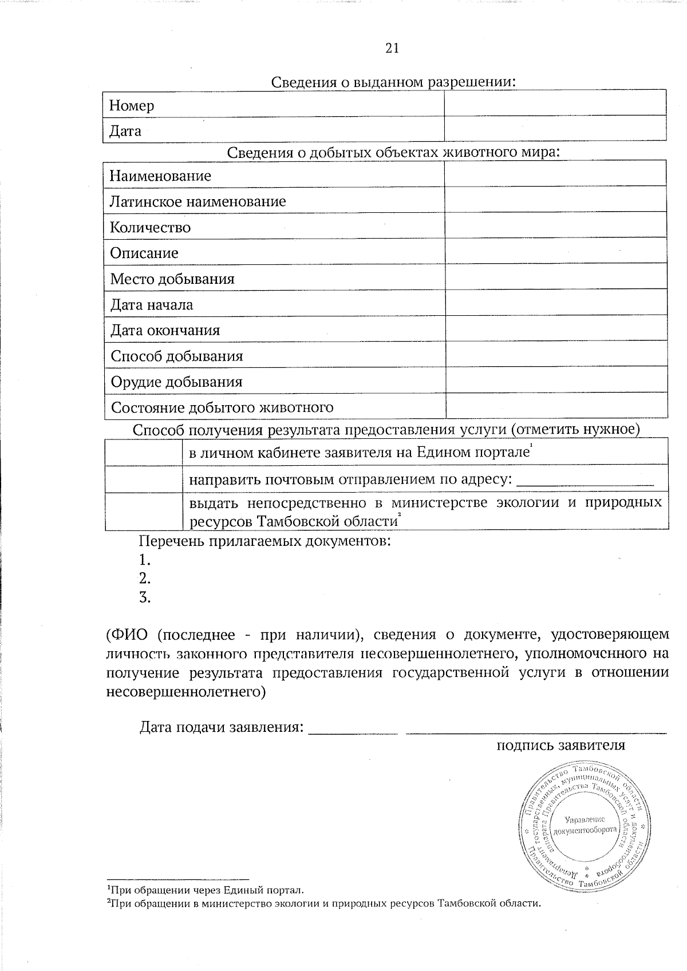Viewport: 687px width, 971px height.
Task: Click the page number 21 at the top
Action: (x=392, y=48)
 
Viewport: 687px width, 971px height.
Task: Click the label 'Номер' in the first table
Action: (x=132, y=106)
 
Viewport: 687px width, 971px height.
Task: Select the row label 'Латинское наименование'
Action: (x=198, y=201)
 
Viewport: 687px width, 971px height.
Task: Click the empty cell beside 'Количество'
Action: (x=555, y=228)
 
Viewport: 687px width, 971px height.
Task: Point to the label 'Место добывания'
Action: (x=172, y=279)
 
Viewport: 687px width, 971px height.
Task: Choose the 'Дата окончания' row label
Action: (x=165, y=331)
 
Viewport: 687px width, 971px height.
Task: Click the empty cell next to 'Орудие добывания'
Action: (x=555, y=382)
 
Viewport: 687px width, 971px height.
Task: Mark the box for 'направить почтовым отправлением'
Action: (x=143, y=479)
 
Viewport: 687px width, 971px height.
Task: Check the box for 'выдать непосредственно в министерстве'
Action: (x=143, y=512)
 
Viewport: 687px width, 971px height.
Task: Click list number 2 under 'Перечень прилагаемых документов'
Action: (x=145, y=578)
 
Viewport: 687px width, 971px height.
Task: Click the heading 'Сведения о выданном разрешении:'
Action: (x=393, y=82)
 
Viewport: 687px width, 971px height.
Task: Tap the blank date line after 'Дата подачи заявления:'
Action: (x=353, y=730)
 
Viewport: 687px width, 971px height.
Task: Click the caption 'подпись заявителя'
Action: (x=560, y=746)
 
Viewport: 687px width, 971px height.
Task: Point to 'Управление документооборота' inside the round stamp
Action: (x=585, y=825)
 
